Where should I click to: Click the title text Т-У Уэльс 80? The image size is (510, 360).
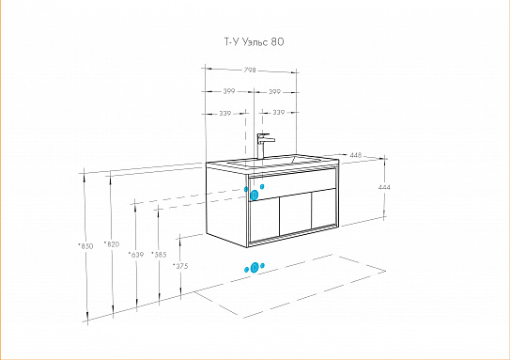click(254, 42)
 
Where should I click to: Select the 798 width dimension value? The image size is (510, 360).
click(250, 70)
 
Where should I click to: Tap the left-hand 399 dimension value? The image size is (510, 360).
click(229, 91)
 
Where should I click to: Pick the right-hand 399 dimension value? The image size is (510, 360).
click(274, 92)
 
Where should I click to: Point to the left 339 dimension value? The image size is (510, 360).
click(225, 114)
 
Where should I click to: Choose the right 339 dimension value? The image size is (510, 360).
click(278, 112)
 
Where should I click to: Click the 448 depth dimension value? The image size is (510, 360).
click(356, 155)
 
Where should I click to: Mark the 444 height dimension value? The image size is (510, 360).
click(384, 187)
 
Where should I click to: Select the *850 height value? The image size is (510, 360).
click(85, 246)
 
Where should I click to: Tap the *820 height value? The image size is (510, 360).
click(112, 243)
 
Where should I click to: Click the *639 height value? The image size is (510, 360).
click(136, 255)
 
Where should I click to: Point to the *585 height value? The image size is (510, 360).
click(159, 255)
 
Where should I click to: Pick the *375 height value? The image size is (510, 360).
click(180, 266)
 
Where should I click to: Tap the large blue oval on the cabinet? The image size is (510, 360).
click(255, 196)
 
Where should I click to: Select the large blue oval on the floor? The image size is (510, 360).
click(255, 267)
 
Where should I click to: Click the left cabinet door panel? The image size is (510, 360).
click(264, 220)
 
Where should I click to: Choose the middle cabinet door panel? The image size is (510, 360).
click(296, 213)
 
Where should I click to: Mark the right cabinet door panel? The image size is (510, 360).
click(324, 209)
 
